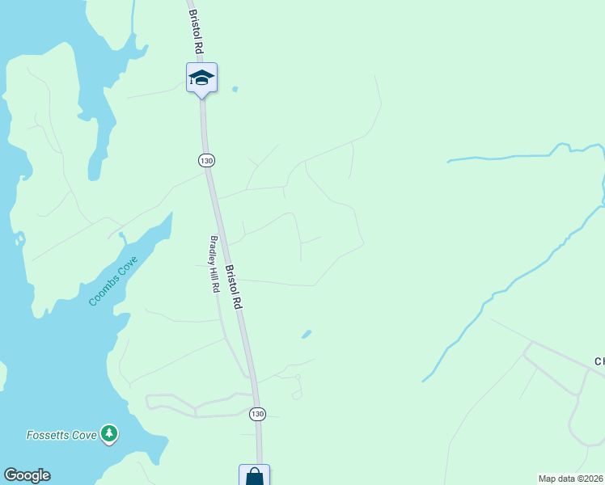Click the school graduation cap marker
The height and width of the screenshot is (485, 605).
point(201,78)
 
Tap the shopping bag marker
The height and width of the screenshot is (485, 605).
point(255,476)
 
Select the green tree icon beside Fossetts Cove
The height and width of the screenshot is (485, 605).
point(108,434)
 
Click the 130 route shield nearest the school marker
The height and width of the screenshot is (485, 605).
point(206,161)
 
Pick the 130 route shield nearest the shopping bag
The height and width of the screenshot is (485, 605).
point(257,414)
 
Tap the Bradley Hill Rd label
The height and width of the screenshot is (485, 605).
point(215,264)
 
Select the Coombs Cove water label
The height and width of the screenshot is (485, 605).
point(113,280)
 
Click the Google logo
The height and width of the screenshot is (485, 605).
point(27,475)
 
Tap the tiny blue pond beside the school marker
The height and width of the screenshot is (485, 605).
point(235,89)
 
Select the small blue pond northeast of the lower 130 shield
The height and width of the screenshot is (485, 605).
point(307,333)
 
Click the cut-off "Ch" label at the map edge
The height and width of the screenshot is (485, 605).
point(599,361)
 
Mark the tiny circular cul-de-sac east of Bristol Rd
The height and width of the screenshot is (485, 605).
point(298,377)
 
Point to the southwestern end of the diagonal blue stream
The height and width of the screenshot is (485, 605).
point(424,380)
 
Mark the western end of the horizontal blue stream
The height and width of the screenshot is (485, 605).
point(449,162)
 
